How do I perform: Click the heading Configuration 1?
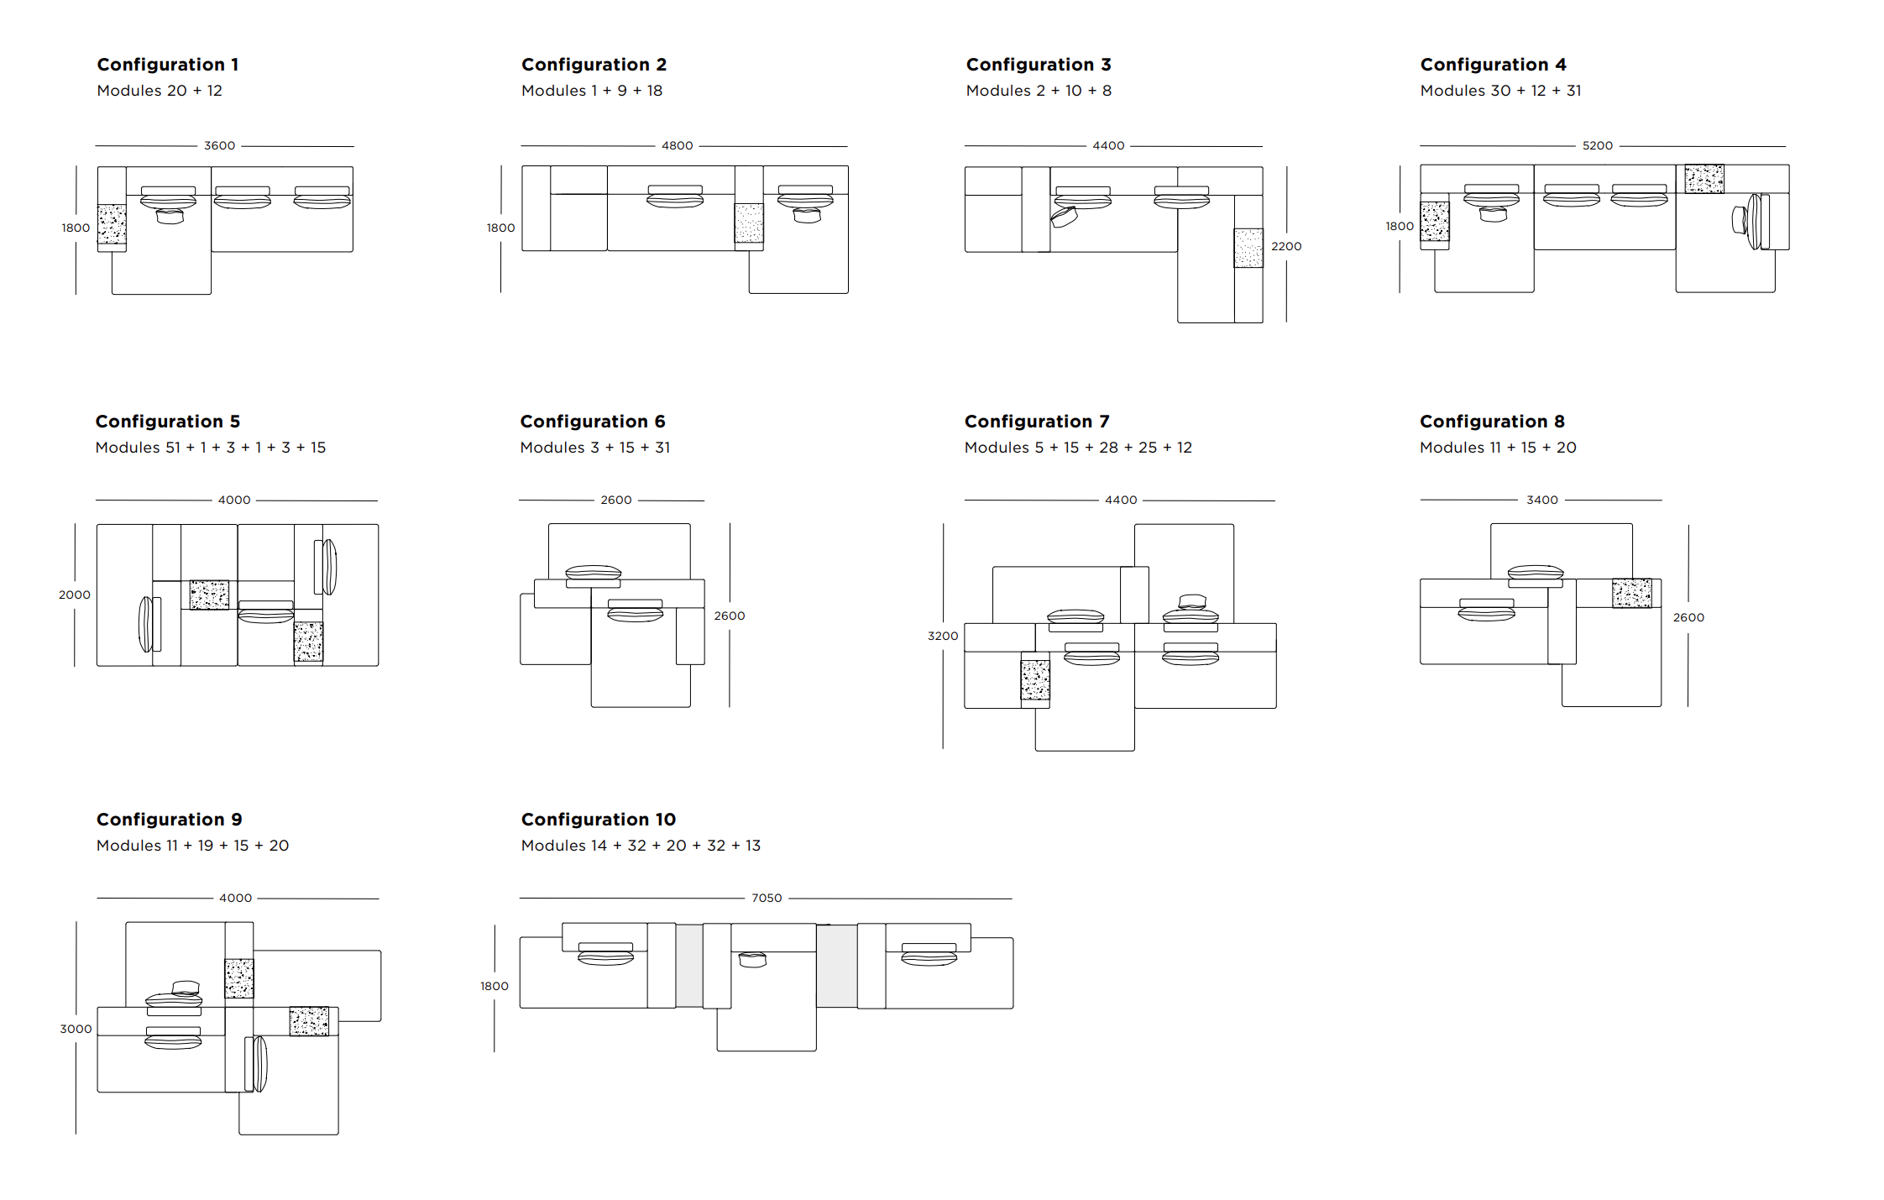click(168, 65)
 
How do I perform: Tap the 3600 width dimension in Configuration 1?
click(220, 145)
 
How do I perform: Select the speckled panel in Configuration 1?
click(112, 224)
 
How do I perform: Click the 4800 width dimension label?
click(678, 145)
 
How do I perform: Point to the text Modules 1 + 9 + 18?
click(592, 91)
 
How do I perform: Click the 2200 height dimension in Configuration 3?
click(1286, 246)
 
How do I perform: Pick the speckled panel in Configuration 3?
click(1248, 249)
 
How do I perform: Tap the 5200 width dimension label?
click(1598, 145)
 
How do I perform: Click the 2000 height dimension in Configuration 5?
click(75, 595)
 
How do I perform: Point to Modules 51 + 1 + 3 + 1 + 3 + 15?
click(211, 448)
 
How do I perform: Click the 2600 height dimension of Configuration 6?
click(730, 616)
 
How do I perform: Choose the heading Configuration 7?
click(1037, 422)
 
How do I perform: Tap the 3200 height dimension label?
click(943, 636)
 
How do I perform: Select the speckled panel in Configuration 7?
click(1035, 680)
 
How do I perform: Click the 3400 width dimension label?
click(1542, 500)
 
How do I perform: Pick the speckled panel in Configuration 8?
click(1632, 593)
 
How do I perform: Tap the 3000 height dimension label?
click(76, 1029)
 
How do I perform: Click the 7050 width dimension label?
click(767, 898)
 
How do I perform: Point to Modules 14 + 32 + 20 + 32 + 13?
click(641, 846)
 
